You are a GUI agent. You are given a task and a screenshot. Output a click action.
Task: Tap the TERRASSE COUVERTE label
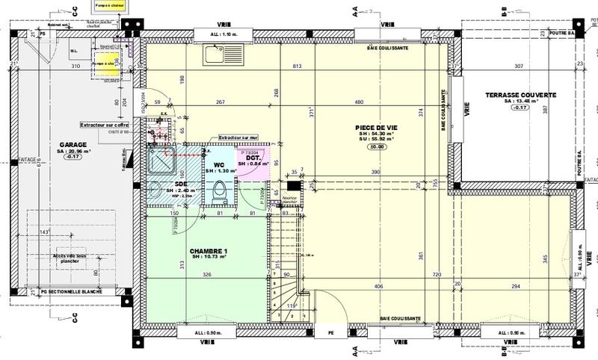click(520, 95)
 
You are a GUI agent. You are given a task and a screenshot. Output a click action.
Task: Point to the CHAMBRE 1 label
click(208, 250)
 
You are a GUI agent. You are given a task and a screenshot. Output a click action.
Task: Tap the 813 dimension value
click(298, 66)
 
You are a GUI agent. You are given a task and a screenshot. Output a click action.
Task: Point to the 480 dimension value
click(359, 102)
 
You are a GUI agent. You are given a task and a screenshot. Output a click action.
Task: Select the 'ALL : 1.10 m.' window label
click(224, 34)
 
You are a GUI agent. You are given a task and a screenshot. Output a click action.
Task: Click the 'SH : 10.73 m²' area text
click(209, 258)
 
